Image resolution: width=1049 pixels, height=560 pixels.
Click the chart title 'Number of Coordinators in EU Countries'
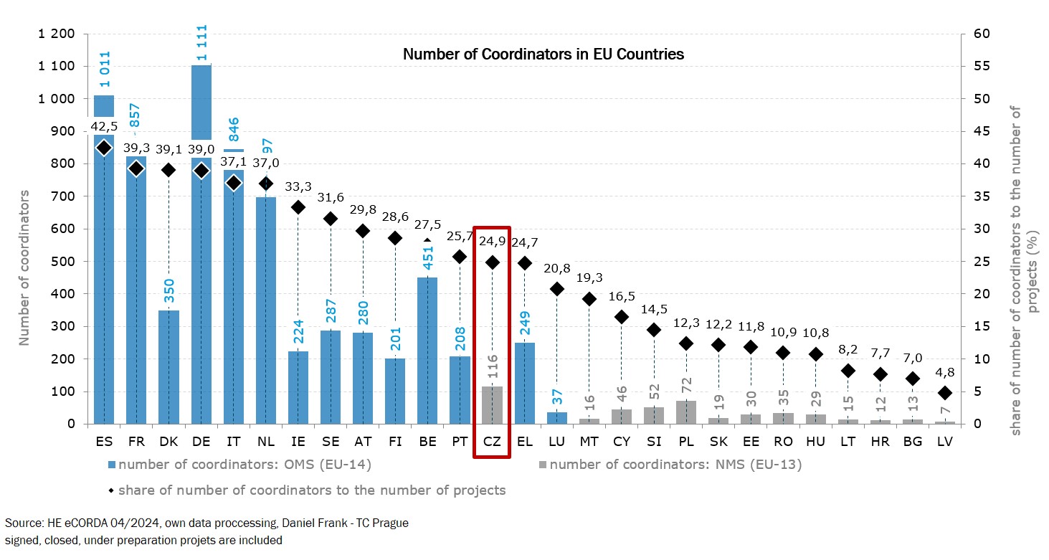coord(543,54)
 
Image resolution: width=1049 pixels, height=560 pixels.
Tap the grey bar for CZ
coord(492,405)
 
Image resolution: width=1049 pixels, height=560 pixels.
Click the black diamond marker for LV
coord(945,393)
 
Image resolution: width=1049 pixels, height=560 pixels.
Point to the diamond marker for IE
coord(298,207)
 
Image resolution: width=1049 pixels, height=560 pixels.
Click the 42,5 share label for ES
coord(104,127)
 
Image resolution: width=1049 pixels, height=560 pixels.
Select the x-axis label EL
coord(524,442)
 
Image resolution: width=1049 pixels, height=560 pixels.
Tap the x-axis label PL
coord(686,442)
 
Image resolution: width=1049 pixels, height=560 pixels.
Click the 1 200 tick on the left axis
coord(56,34)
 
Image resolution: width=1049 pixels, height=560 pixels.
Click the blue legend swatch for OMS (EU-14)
coord(112,465)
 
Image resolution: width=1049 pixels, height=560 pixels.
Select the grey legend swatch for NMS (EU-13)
coord(543,465)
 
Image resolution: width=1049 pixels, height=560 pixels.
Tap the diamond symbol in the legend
coord(111,491)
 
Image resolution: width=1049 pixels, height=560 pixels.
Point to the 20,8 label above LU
coord(557,269)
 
